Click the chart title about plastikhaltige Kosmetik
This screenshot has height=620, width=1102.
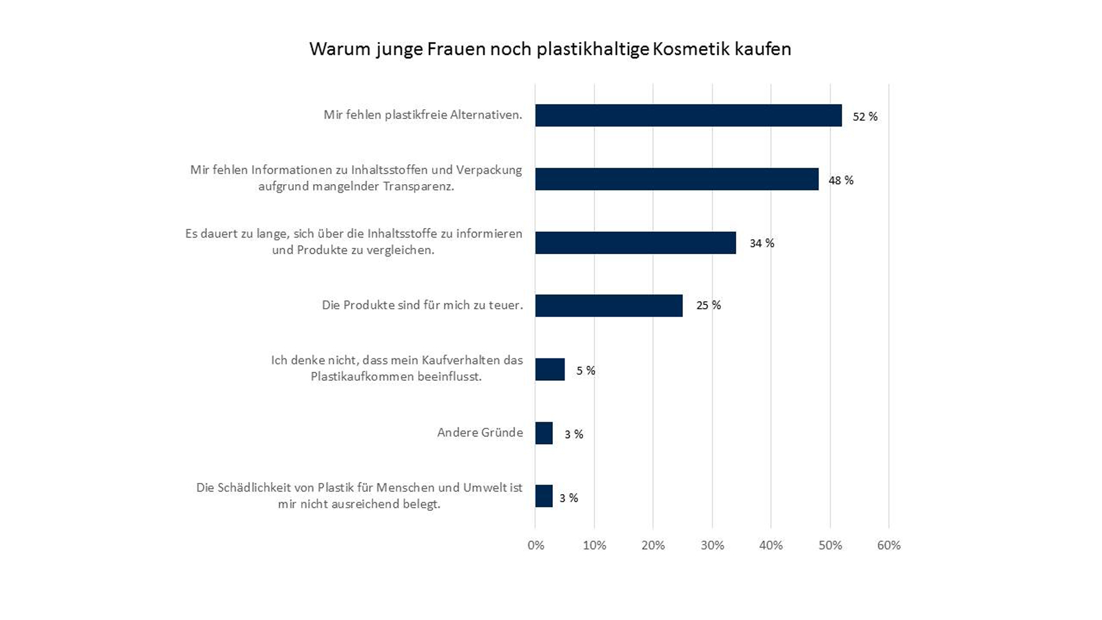[550, 49]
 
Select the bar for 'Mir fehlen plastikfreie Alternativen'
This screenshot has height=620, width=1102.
[688, 115]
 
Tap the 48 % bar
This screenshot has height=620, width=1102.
[676, 179]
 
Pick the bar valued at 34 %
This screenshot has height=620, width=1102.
[635, 243]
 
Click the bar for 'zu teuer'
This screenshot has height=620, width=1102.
[609, 306]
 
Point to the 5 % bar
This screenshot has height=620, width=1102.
[550, 370]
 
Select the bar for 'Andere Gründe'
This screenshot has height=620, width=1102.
[544, 433]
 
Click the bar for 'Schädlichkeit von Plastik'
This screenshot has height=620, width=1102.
[544, 496]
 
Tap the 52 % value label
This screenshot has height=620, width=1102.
[865, 117]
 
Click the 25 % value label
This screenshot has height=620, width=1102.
[708, 305]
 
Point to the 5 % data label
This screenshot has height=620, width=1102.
[586, 370]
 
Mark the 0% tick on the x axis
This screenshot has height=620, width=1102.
[536, 546]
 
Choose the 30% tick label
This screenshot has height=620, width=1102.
[712, 546]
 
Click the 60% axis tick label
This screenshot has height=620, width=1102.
[888, 546]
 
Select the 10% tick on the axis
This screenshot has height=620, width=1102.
[594, 546]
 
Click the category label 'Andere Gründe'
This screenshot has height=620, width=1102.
[480, 433]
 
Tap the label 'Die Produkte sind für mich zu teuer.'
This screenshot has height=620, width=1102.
[422, 305]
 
